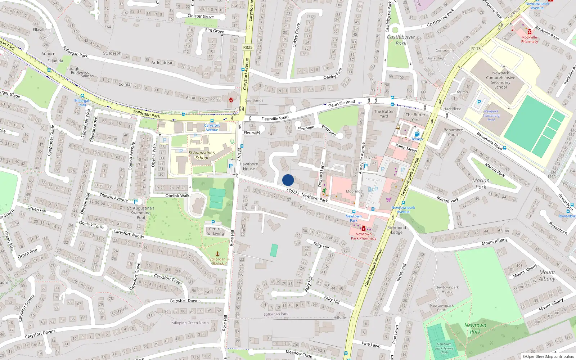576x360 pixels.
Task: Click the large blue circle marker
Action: pyautogui.click(x=288, y=180)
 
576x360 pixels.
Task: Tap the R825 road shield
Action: pyautogui.click(x=248, y=47)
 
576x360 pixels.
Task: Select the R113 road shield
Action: pyautogui.click(x=476, y=49)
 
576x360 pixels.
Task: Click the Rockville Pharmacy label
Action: pyautogui.click(x=530, y=39)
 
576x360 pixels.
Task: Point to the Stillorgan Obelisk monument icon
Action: pyautogui.click(x=217, y=254)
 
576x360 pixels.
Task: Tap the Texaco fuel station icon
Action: pyautogui.click(x=417, y=134)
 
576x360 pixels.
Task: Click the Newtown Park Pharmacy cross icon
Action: pyautogui.click(x=364, y=228)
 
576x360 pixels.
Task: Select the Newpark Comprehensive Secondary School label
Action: pyautogui.click(x=500, y=80)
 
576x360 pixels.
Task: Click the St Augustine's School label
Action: pyautogui.click(x=202, y=155)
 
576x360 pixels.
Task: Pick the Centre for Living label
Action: pyautogui.click(x=215, y=231)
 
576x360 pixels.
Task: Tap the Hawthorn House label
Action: pyautogui.click(x=249, y=166)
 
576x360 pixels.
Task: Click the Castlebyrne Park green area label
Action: pyautogui.click(x=401, y=40)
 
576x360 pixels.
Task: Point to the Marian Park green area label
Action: pyautogui.click(x=481, y=184)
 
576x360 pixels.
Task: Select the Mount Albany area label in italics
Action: pyautogui.click(x=547, y=275)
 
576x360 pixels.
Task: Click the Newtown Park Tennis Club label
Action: pyautogui.click(x=444, y=348)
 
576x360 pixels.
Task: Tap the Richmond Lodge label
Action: pyautogui.click(x=396, y=230)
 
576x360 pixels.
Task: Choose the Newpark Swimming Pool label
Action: pyautogui.click(x=491, y=116)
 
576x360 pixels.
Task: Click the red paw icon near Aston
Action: pyautogui.click(x=231, y=100)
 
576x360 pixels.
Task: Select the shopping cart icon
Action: pyautogui.click(x=388, y=199)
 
